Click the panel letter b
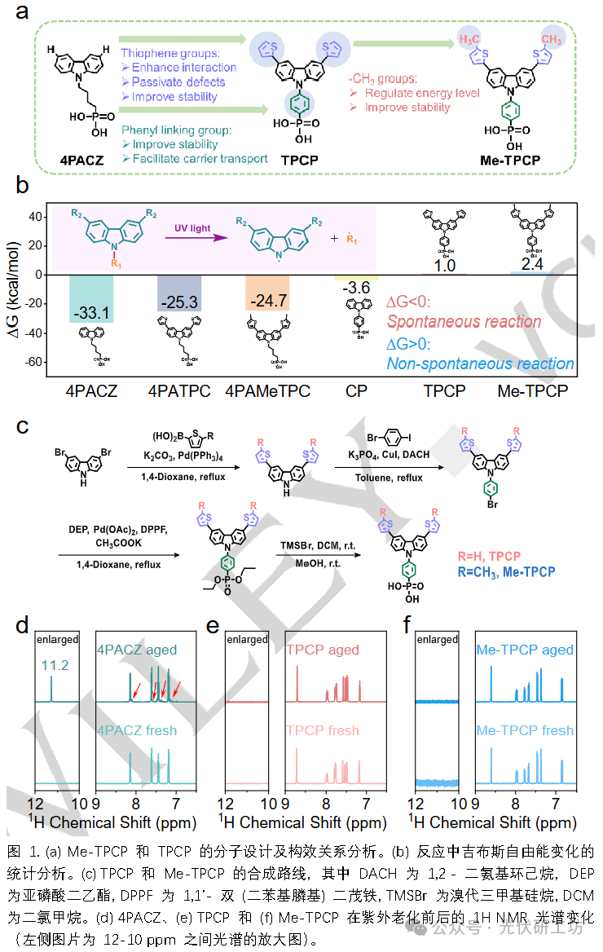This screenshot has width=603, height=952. [x=22, y=187]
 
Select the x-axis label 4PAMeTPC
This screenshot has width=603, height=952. [x=267, y=390]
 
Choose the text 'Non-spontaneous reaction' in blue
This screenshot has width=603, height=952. [x=481, y=364]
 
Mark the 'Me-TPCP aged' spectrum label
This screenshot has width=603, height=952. [x=525, y=650]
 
